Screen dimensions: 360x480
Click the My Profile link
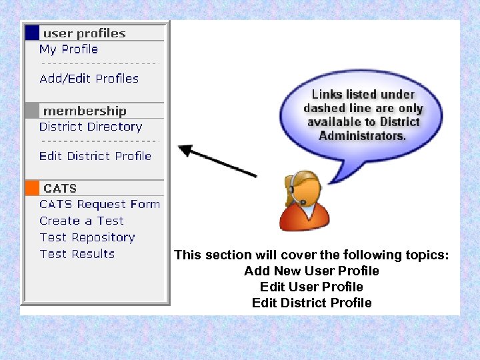pyautogui.click(x=68, y=49)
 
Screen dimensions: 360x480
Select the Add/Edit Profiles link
pyautogui.click(x=89, y=79)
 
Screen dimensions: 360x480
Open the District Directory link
pyautogui.click(x=91, y=127)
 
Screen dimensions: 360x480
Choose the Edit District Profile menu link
pyautogui.click(x=95, y=156)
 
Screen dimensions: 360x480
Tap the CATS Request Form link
pyautogui.click(x=99, y=205)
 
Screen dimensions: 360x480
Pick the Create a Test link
pyautogui.click(x=81, y=221)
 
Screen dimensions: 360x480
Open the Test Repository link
pyautogui.click(x=87, y=237)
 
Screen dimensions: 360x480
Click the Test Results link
pyautogui.click(x=77, y=254)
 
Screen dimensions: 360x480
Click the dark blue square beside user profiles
pyautogui.click(x=32, y=33)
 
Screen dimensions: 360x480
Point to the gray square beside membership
pyautogui.click(x=32, y=111)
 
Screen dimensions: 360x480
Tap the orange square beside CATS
pyautogui.click(x=32, y=188)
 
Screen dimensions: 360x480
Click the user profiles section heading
pyautogui.click(x=84, y=33)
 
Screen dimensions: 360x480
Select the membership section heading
pyautogui.click(x=85, y=111)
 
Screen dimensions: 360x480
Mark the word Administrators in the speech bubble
pyautogui.click(x=361, y=135)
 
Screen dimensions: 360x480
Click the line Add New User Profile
pyautogui.click(x=311, y=271)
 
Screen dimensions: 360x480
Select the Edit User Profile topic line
pyautogui.click(x=311, y=287)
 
